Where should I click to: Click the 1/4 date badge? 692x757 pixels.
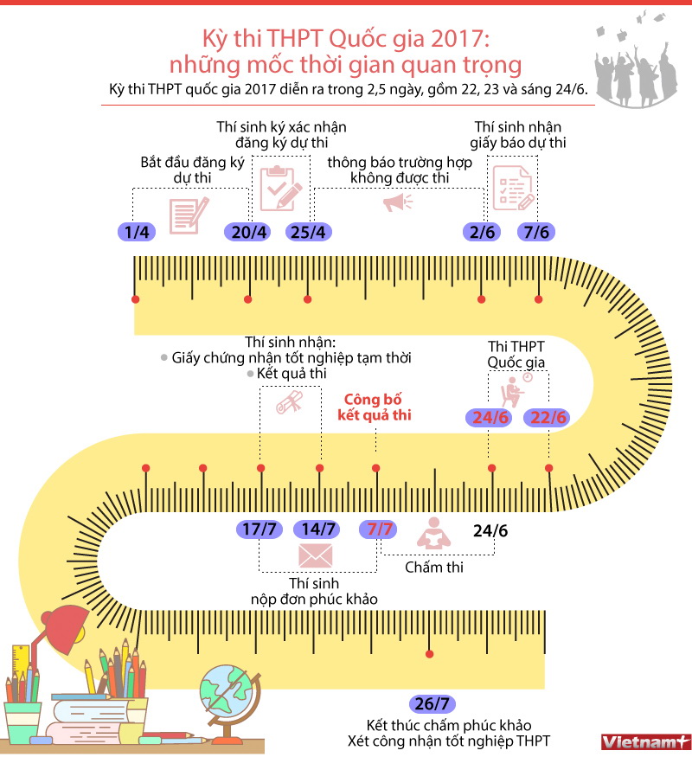(137, 232)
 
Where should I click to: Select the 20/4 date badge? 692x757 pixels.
(248, 232)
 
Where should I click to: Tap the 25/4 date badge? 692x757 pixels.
(308, 232)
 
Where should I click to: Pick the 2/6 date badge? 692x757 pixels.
(482, 232)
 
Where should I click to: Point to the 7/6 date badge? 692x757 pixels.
(536, 232)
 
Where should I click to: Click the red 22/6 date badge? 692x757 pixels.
(548, 418)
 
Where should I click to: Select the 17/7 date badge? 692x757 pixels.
(259, 529)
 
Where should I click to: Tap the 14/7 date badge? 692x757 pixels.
(317, 529)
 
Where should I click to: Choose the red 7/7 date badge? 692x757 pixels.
(379, 529)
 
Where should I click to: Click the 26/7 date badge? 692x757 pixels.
(432, 704)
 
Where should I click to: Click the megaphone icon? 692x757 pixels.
(398, 202)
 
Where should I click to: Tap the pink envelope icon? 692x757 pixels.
(316, 555)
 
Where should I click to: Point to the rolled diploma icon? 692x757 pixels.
(289, 402)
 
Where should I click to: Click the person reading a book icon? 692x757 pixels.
(434, 534)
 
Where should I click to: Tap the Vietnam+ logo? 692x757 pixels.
(644, 742)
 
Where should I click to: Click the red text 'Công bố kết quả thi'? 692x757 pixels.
(374, 407)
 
